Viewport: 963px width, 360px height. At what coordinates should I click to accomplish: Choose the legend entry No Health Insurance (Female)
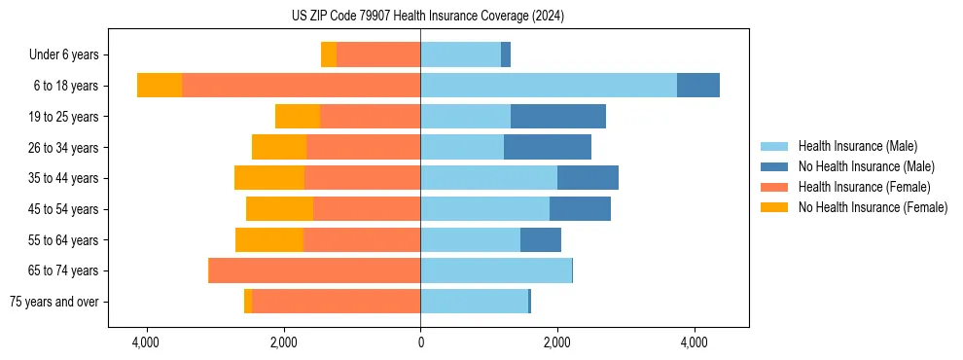[x=873, y=207]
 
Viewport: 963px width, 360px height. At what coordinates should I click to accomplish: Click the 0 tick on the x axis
[x=420, y=342]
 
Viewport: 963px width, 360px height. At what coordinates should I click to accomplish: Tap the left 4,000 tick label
[x=146, y=342]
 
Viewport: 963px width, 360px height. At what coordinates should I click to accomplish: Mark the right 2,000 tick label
[x=557, y=342]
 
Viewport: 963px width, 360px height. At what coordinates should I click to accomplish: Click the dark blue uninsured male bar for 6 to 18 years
[x=698, y=86]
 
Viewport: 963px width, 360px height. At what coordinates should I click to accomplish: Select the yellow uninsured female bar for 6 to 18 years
[x=160, y=86]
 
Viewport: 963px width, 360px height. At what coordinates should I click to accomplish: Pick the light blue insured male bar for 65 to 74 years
[x=496, y=270]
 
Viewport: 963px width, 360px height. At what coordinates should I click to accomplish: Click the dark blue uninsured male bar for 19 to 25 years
[x=558, y=117]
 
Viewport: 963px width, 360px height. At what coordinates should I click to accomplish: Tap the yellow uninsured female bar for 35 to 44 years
[x=269, y=178]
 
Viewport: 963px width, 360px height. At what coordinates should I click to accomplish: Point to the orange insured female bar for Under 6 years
[x=378, y=54]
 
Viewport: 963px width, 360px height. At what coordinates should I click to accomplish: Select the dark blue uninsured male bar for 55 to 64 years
[x=541, y=239]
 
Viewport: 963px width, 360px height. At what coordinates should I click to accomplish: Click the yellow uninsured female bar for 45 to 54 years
[x=280, y=209]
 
